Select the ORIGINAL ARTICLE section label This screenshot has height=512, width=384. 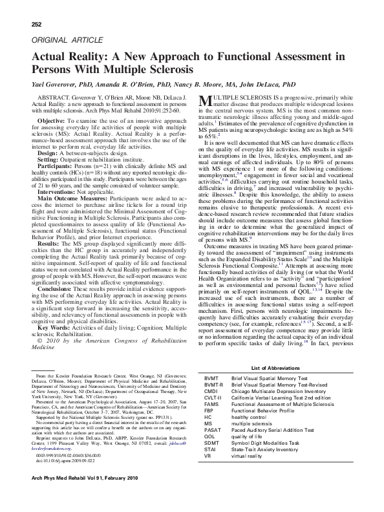coord(62,40)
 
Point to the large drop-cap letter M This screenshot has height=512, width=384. coord(205,100)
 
